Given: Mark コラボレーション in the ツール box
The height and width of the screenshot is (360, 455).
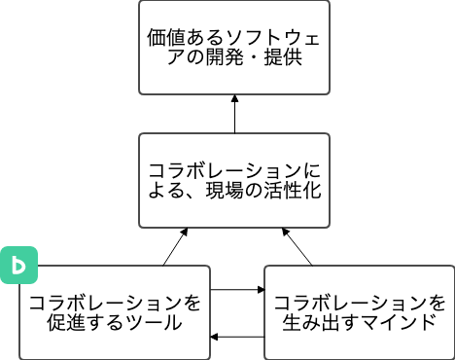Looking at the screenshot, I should tap(105, 302).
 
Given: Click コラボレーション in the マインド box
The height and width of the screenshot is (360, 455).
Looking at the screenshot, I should tap(349, 302).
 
